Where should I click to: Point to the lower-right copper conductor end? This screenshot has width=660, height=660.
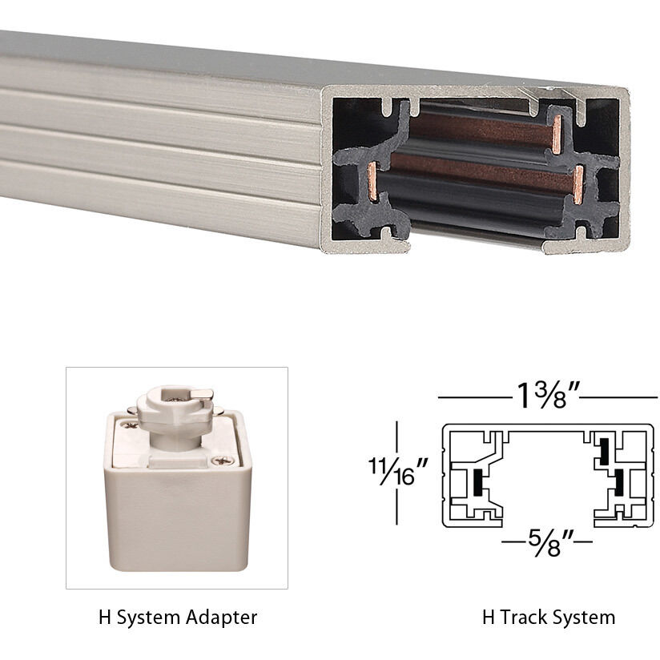tap(577, 182)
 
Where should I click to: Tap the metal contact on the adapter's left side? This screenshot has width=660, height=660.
tap(128, 437)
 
